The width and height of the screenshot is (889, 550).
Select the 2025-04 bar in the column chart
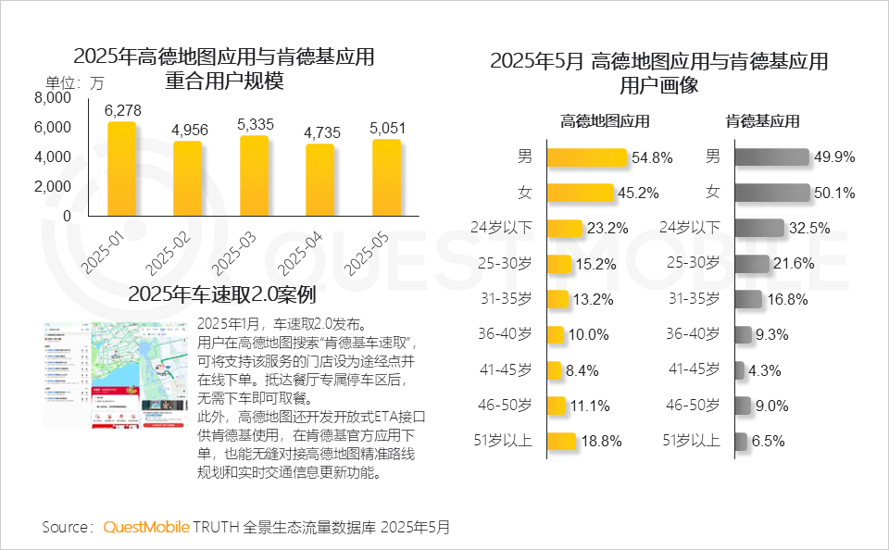click(x=319, y=181)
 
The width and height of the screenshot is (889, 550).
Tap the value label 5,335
click(x=255, y=124)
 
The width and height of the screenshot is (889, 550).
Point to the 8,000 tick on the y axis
click(x=53, y=97)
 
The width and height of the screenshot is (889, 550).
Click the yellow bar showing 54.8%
click(x=588, y=157)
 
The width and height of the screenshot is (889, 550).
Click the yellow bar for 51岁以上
click(x=562, y=441)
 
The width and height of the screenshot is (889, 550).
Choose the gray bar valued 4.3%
click(x=740, y=369)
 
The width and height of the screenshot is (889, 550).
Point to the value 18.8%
click(x=601, y=442)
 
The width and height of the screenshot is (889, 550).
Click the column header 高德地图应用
click(x=605, y=121)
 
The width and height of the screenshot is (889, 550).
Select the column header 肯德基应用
click(x=762, y=121)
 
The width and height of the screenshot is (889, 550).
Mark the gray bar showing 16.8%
click(x=748, y=299)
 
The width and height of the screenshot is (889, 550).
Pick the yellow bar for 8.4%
click(x=555, y=369)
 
